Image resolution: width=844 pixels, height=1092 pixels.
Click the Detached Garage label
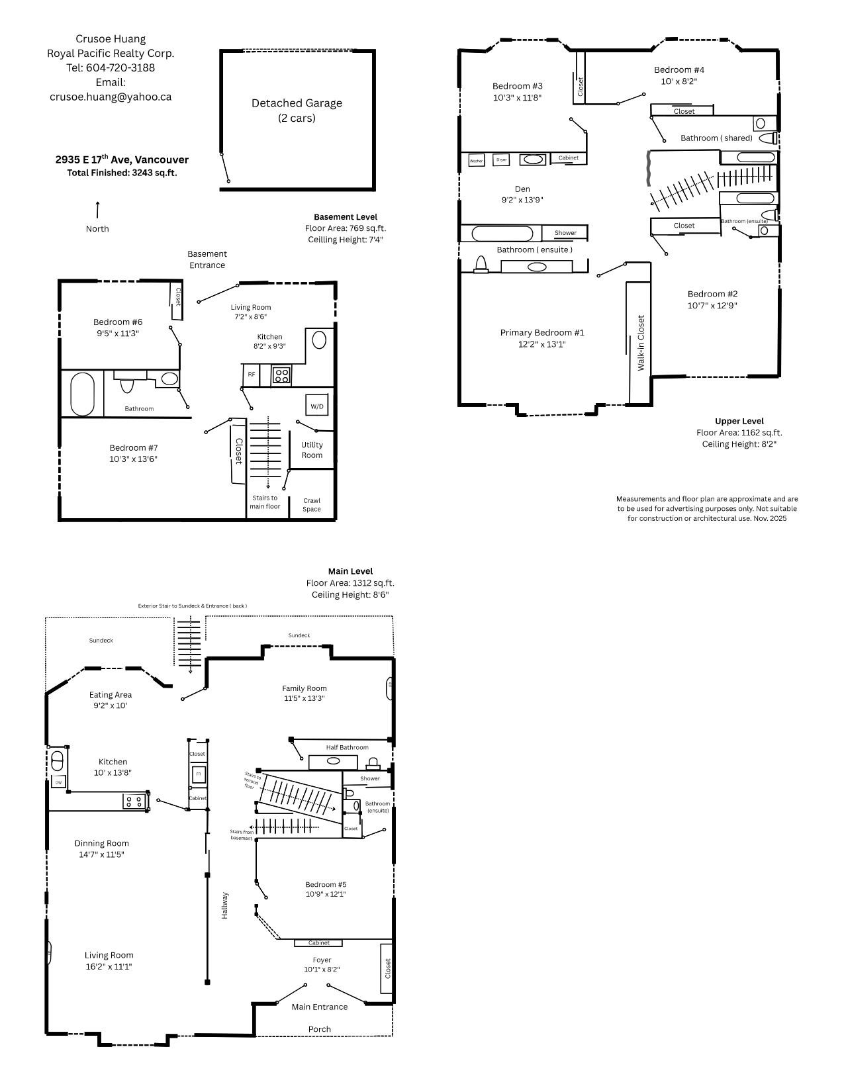tap(297, 103)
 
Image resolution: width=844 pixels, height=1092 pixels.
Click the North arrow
tap(97, 210)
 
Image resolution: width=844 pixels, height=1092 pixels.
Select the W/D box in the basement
tap(317, 406)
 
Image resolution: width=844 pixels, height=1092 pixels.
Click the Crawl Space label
tap(311, 505)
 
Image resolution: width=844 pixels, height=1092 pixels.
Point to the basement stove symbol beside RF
tap(281, 375)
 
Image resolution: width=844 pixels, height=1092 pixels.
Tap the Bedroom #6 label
tap(118, 322)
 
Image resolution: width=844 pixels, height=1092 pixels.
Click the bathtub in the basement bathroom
tap(83, 394)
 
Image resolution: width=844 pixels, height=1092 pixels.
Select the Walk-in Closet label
tap(641, 342)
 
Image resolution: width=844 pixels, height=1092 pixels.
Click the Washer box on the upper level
tap(476, 161)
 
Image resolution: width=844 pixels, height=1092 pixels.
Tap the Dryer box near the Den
tap(502, 160)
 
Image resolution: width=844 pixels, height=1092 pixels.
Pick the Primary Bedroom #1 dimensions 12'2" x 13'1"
tap(542, 344)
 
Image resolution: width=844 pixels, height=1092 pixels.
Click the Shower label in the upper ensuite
tap(565, 233)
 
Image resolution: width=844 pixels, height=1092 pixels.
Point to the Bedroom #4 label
tap(679, 69)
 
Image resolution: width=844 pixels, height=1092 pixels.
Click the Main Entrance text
tap(320, 1007)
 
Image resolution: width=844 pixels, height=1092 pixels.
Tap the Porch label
tap(320, 1029)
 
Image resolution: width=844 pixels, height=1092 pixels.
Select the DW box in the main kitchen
tap(58, 782)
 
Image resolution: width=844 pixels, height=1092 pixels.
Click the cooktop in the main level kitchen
tap(134, 801)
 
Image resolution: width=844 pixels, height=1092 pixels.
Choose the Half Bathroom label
tap(347, 747)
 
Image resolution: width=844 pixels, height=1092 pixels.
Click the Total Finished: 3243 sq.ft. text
tap(122, 173)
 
